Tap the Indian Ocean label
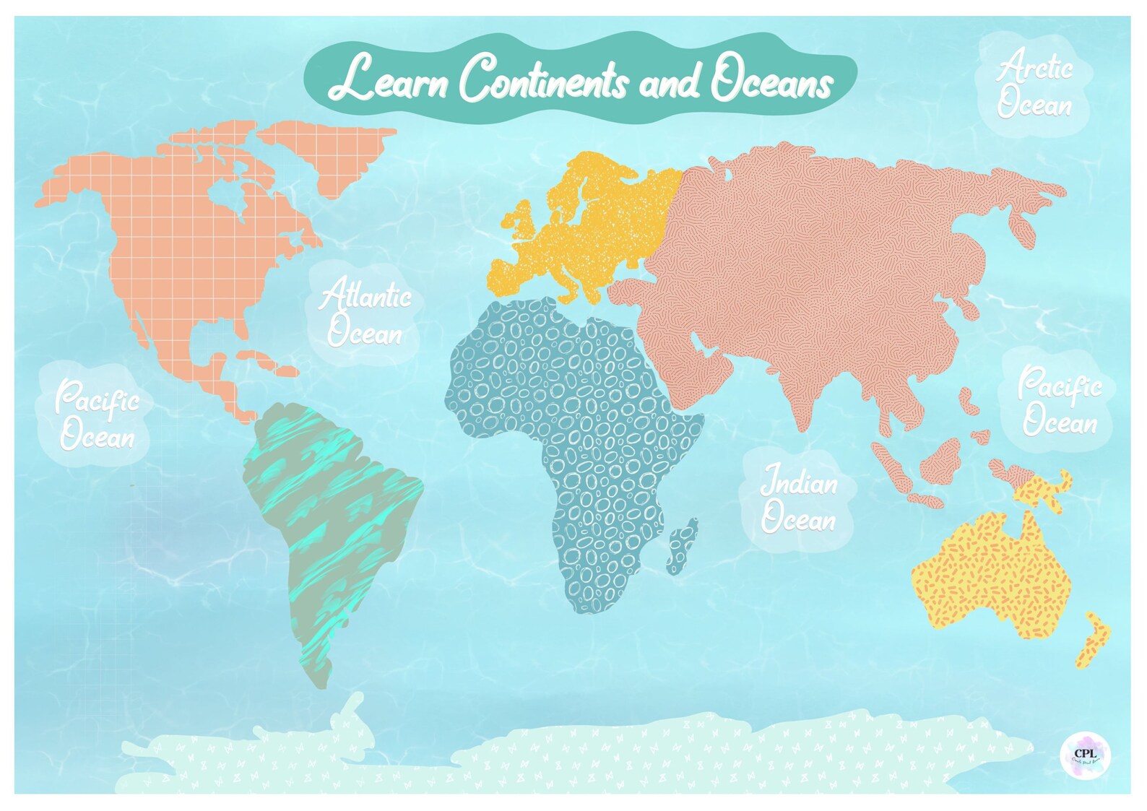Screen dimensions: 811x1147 click(x=799, y=500)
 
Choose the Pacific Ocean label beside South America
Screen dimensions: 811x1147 click(x=97, y=415)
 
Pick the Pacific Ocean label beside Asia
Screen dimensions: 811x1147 click(x=1060, y=402)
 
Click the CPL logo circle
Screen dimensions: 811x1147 click(x=1085, y=755)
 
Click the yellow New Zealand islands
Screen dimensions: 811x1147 click(x=1093, y=639)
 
